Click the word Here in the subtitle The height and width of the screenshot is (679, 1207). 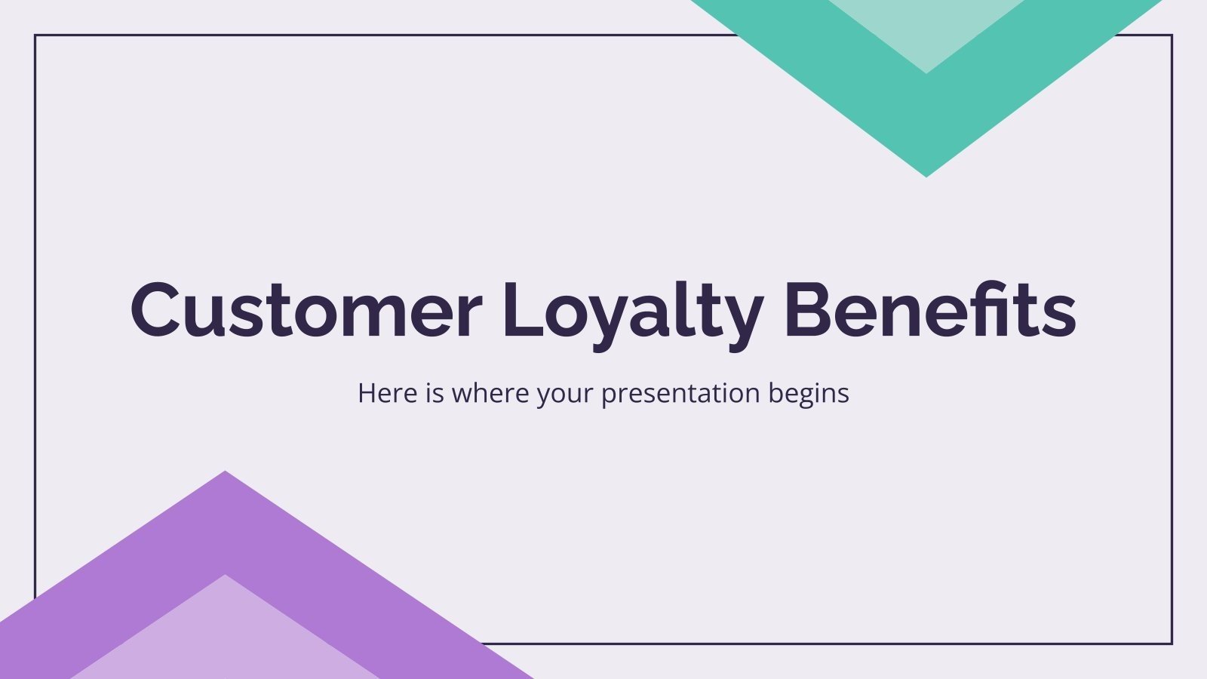386,393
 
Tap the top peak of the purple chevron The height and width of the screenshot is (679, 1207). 225,473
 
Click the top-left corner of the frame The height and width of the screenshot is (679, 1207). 35,35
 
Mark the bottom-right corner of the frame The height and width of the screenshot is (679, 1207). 1172,644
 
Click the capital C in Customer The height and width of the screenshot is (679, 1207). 158,309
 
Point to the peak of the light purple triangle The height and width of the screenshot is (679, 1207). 225,576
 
